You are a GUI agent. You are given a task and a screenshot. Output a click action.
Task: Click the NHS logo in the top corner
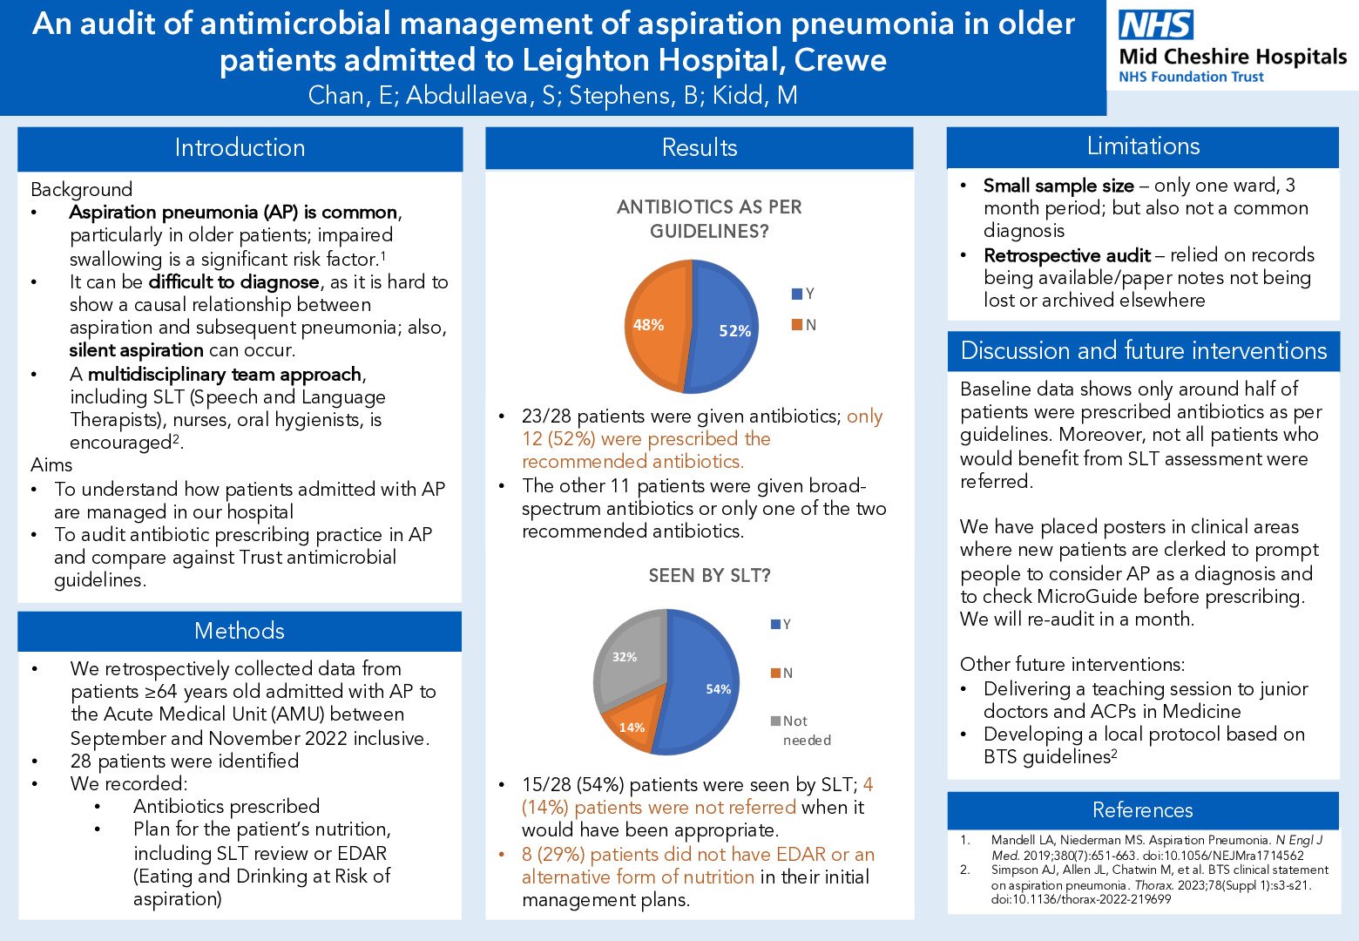click(1156, 24)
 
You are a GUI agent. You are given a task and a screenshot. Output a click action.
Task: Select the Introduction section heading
click(240, 148)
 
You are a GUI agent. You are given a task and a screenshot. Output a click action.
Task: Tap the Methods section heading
click(240, 631)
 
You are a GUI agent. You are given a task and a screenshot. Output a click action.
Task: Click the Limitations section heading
click(1143, 146)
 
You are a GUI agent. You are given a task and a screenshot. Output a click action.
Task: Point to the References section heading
click(1142, 810)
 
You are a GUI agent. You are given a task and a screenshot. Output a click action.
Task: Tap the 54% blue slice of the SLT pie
click(710, 688)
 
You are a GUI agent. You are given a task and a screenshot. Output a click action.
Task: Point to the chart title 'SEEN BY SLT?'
click(709, 576)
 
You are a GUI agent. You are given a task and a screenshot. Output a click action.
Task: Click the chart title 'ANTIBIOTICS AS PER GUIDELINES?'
click(709, 219)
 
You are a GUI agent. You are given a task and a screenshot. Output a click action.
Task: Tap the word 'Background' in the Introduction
click(82, 189)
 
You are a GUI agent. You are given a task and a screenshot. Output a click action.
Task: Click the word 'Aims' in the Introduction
click(51, 464)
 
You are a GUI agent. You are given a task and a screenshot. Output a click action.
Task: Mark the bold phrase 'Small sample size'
click(1058, 186)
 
